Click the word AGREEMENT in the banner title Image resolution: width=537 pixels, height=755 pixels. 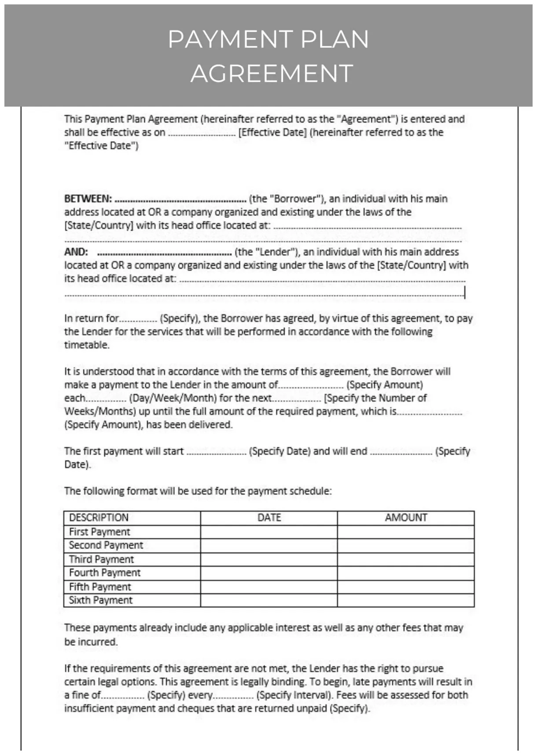[x=272, y=73]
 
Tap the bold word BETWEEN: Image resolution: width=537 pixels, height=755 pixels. [x=88, y=199]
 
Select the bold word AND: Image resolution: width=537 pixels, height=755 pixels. [x=76, y=252]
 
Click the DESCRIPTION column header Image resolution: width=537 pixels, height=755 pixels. [x=99, y=518]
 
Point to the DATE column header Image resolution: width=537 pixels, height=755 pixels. [x=269, y=518]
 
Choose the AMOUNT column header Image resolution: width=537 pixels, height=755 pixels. [x=406, y=518]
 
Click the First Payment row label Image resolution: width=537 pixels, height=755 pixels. [x=99, y=532]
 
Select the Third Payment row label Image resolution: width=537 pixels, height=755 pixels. [x=101, y=559]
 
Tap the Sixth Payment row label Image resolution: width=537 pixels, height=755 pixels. [x=100, y=600]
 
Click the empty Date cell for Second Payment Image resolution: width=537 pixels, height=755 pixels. [x=269, y=545]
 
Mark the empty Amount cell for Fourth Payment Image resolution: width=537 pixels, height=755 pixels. [x=406, y=573]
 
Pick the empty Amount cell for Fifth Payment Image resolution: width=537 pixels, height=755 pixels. [x=406, y=587]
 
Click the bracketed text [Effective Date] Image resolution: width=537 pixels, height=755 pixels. [x=272, y=132]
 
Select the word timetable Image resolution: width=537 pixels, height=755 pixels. [x=87, y=345]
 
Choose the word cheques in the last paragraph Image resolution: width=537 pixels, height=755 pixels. [x=194, y=708]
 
